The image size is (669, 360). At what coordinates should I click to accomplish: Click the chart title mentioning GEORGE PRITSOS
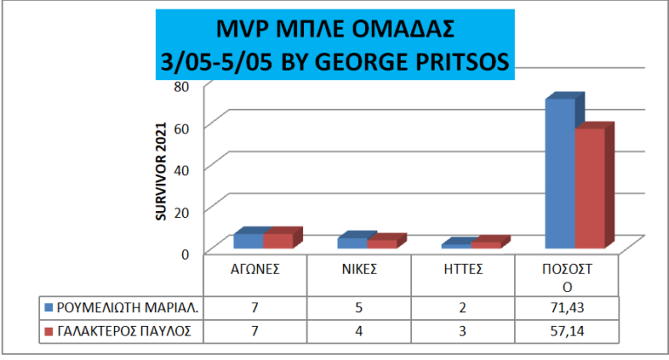pyautogui.click(x=334, y=44)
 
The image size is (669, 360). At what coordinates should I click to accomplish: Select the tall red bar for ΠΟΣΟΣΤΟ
pyautogui.click(x=590, y=188)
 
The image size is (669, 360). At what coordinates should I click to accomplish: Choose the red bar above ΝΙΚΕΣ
pyautogui.click(x=382, y=243)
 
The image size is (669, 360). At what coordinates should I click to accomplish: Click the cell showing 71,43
pyautogui.click(x=567, y=308)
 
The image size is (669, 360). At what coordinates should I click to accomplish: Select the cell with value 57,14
pyautogui.click(x=567, y=332)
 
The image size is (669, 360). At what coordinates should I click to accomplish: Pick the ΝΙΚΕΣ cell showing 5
pyautogui.click(x=359, y=308)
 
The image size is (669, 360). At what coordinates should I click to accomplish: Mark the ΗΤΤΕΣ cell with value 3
pyautogui.click(x=463, y=332)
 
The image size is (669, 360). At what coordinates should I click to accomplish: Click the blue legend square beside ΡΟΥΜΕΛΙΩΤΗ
pyautogui.click(x=49, y=308)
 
